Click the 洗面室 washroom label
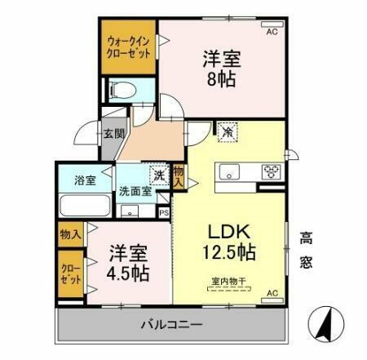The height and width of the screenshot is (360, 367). click(135, 192)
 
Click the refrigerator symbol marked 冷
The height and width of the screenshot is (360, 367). click(225, 130)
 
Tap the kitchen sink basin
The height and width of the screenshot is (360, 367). click(227, 172)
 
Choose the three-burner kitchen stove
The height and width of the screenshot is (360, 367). click(270, 172)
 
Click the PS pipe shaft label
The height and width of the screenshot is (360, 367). click(164, 213)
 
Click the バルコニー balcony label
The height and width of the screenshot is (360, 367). click(171, 324)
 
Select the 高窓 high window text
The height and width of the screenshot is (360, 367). click(307, 251)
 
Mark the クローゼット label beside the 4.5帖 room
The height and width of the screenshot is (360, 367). click(69, 273)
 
